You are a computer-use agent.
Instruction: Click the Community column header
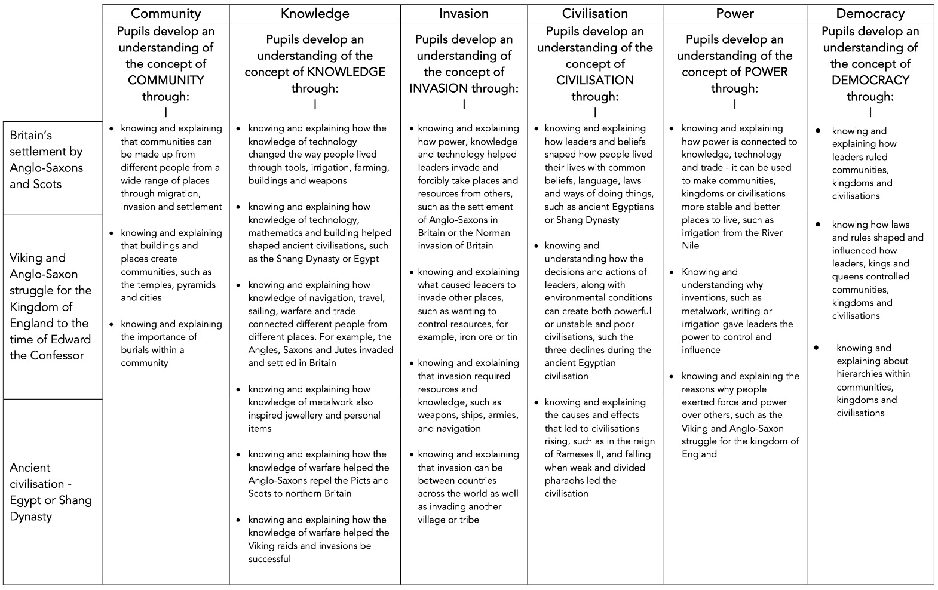point(165,13)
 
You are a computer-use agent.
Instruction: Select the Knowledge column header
point(315,13)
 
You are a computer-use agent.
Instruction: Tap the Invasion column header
point(464,13)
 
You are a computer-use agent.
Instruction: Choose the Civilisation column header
point(594,13)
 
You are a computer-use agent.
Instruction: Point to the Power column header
point(734,13)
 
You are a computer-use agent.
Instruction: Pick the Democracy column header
point(870,13)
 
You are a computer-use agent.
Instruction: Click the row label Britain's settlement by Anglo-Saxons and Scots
point(47,159)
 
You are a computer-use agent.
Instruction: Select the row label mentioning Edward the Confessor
point(50,306)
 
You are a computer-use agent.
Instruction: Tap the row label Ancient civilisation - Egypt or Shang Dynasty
point(51,491)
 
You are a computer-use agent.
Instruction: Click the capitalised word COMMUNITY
point(166,80)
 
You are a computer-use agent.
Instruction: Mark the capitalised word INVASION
point(439,88)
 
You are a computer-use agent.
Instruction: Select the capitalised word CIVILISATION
point(594,80)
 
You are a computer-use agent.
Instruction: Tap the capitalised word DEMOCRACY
point(870,80)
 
